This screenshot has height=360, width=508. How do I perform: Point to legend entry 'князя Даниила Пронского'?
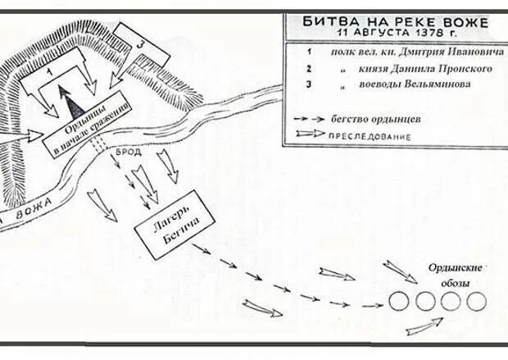click(x=424, y=68)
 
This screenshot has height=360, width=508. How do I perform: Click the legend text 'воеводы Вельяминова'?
click(x=414, y=84)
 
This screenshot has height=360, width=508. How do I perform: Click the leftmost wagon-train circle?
click(x=399, y=301)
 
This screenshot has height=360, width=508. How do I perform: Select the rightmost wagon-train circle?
click(x=477, y=301)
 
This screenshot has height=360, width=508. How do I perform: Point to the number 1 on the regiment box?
click(x=50, y=72)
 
